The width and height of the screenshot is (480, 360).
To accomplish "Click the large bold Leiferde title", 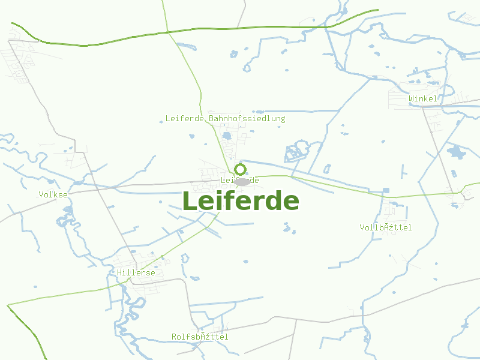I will click(x=240, y=201).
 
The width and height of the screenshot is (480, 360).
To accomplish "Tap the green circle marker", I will click(x=241, y=169).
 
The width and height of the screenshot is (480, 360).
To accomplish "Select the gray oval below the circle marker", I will click(x=242, y=182).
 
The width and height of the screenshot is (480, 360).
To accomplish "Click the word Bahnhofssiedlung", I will click(x=247, y=119).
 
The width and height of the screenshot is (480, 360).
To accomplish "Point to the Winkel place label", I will click(x=423, y=98).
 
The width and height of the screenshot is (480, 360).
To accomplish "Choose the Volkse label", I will click(x=53, y=194).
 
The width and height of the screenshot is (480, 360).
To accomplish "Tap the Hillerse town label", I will click(x=136, y=273).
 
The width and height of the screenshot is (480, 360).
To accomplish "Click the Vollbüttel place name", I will click(x=386, y=227).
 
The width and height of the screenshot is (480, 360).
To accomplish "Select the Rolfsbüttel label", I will click(x=200, y=337).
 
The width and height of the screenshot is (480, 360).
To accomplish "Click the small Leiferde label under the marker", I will click(x=239, y=180).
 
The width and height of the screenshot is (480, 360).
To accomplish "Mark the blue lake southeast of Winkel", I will click(x=456, y=152).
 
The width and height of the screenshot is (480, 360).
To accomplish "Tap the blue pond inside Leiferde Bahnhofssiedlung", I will click(x=227, y=136).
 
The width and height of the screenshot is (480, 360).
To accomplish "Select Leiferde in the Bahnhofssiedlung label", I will click(x=185, y=119).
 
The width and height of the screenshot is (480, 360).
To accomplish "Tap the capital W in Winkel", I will click(x=412, y=98).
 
